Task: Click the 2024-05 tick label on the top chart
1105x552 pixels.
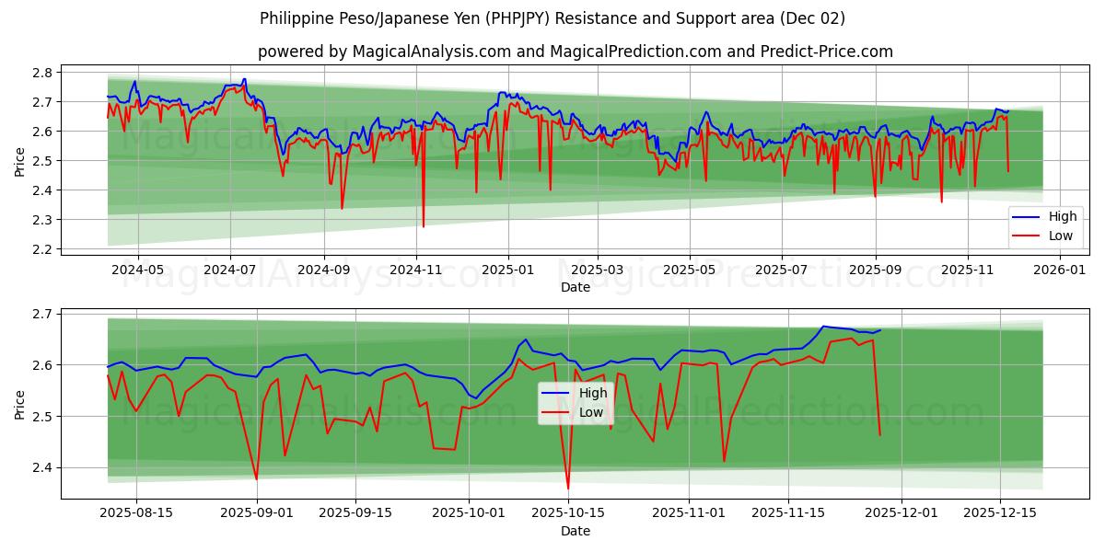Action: (137, 270)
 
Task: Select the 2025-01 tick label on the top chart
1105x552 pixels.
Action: (507, 270)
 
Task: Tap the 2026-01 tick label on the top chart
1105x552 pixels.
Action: (1060, 270)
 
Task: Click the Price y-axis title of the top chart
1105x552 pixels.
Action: (20, 161)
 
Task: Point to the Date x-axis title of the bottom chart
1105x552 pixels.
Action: (576, 531)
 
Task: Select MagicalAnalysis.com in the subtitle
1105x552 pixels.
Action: (431, 52)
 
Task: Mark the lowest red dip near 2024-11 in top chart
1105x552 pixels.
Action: (424, 226)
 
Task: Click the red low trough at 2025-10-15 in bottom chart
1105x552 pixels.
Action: (568, 489)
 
